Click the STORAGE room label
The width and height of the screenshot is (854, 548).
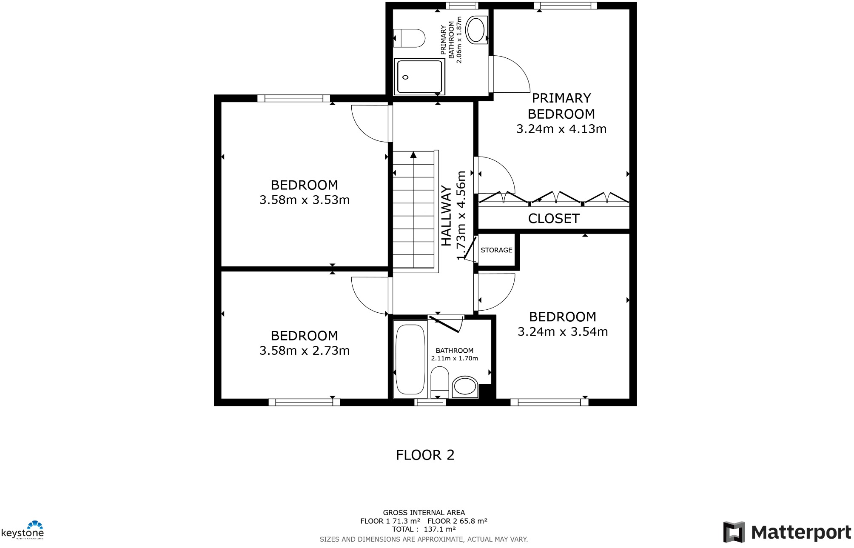[x=496, y=250]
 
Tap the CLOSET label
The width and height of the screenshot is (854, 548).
[x=553, y=219]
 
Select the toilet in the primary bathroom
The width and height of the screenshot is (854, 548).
[x=409, y=38]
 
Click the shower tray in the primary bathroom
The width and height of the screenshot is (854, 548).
[x=419, y=77]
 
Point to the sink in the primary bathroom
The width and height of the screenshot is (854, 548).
[x=476, y=30]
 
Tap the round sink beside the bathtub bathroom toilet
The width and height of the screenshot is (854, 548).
[x=465, y=387]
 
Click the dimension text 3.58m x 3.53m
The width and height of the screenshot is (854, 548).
[x=305, y=200]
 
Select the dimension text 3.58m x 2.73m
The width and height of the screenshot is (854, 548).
[x=305, y=351]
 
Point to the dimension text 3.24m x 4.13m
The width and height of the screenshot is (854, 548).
[x=561, y=129]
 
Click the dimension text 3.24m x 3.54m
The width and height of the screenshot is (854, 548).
[x=562, y=332]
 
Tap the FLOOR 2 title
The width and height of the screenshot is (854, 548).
[x=425, y=455]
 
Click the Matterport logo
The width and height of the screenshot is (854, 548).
[x=787, y=532]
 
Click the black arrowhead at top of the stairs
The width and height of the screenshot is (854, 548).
[x=413, y=155]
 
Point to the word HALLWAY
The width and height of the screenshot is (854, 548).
[x=446, y=216]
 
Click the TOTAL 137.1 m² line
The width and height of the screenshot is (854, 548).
[x=424, y=529]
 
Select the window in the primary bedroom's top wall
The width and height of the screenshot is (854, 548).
[x=565, y=6]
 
